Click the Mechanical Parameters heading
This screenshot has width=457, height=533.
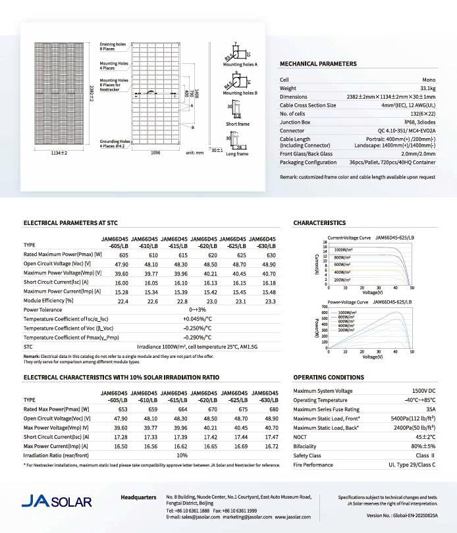pos(319,64)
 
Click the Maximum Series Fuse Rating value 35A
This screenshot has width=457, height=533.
pos(429,409)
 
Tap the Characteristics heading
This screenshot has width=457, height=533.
pos(319,223)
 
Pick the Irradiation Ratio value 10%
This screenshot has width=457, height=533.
pos(182,455)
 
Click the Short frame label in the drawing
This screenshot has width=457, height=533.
pos(237,124)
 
